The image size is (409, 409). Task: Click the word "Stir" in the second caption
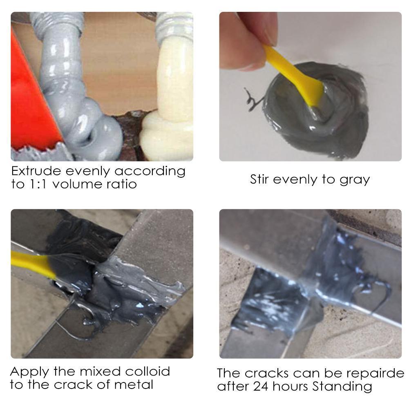point(260,179)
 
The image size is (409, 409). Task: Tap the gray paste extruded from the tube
point(82,102)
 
